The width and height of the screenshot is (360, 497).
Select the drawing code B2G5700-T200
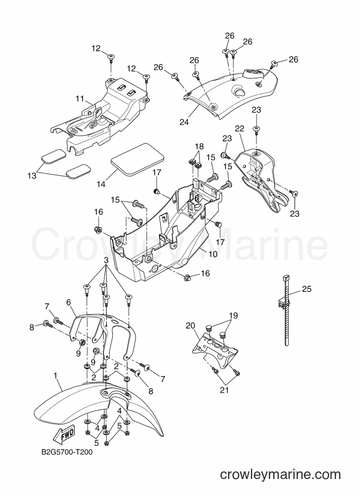(x=67, y=452)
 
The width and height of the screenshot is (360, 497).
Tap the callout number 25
(x=307, y=289)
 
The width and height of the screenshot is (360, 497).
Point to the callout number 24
(x=184, y=122)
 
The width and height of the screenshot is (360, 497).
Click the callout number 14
(x=101, y=183)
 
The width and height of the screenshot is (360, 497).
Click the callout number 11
(x=80, y=99)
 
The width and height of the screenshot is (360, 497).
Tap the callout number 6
(x=69, y=303)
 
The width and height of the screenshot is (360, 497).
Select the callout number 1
(x=56, y=376)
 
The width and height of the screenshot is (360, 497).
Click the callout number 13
(x=32, y=175)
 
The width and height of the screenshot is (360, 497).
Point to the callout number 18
(x=199, y=147)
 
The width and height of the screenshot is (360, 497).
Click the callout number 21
(x=224, y=390)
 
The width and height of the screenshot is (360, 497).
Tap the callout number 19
(x=233, y=316)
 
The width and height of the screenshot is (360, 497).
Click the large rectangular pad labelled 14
(x=137, y=159)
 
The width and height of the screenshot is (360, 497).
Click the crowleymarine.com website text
(x=280, y=475)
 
